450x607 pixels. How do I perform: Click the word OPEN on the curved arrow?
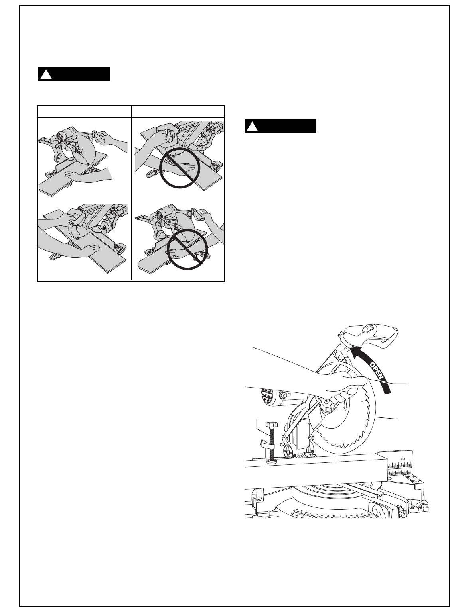point(377,370)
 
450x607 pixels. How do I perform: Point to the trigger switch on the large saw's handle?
point(368,329)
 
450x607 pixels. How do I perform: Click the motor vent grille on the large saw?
point(266,397)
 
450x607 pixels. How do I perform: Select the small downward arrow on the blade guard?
point(346,405)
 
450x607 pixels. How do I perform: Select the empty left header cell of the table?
point(84,112)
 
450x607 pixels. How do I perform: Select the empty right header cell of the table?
point(178,112)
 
